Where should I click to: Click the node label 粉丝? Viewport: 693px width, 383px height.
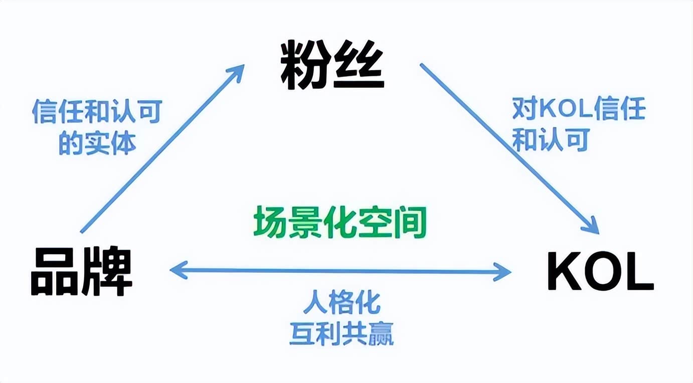click(332, 66)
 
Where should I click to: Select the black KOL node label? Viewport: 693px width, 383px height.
click(600, 272)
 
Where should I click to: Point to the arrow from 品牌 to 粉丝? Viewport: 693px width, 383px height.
click(160, 150)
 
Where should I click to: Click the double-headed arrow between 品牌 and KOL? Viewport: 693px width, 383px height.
click(341, 271)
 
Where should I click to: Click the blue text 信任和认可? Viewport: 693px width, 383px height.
click(97, 112)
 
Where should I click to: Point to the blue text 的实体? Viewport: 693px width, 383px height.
click(97, 143)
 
